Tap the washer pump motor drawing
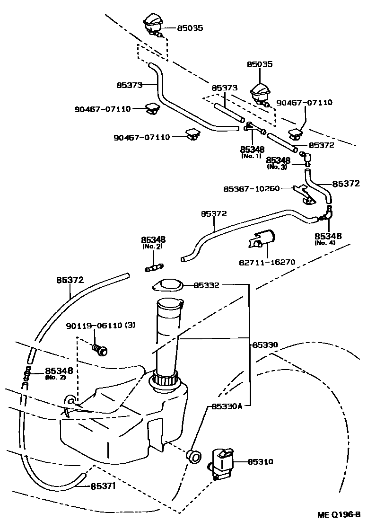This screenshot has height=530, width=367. pyautogui.click(x=222, y=462)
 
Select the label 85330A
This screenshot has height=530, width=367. pyautogui.click(x=227, y=406)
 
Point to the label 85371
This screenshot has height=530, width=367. pyautogui.click(x=103, y=486)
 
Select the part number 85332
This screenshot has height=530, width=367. pyautogui.click(x=206, y=285)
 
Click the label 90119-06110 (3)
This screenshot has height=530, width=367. pyautogui.click(x=100, y=326)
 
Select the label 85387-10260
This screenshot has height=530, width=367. pyautogui.click(x=252, y=189)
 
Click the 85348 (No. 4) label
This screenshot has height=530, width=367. pyautogui.click(x=328, y=238)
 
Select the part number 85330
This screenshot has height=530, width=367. pyautogui.click(x=264, y=345)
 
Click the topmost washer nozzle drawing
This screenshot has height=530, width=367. pyautogui.click(x=153, y=25)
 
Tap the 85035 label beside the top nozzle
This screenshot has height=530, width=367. pyautogui.click(x=190, y=28)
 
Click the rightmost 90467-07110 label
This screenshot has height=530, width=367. pyautogui.click(x=304, y=102)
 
